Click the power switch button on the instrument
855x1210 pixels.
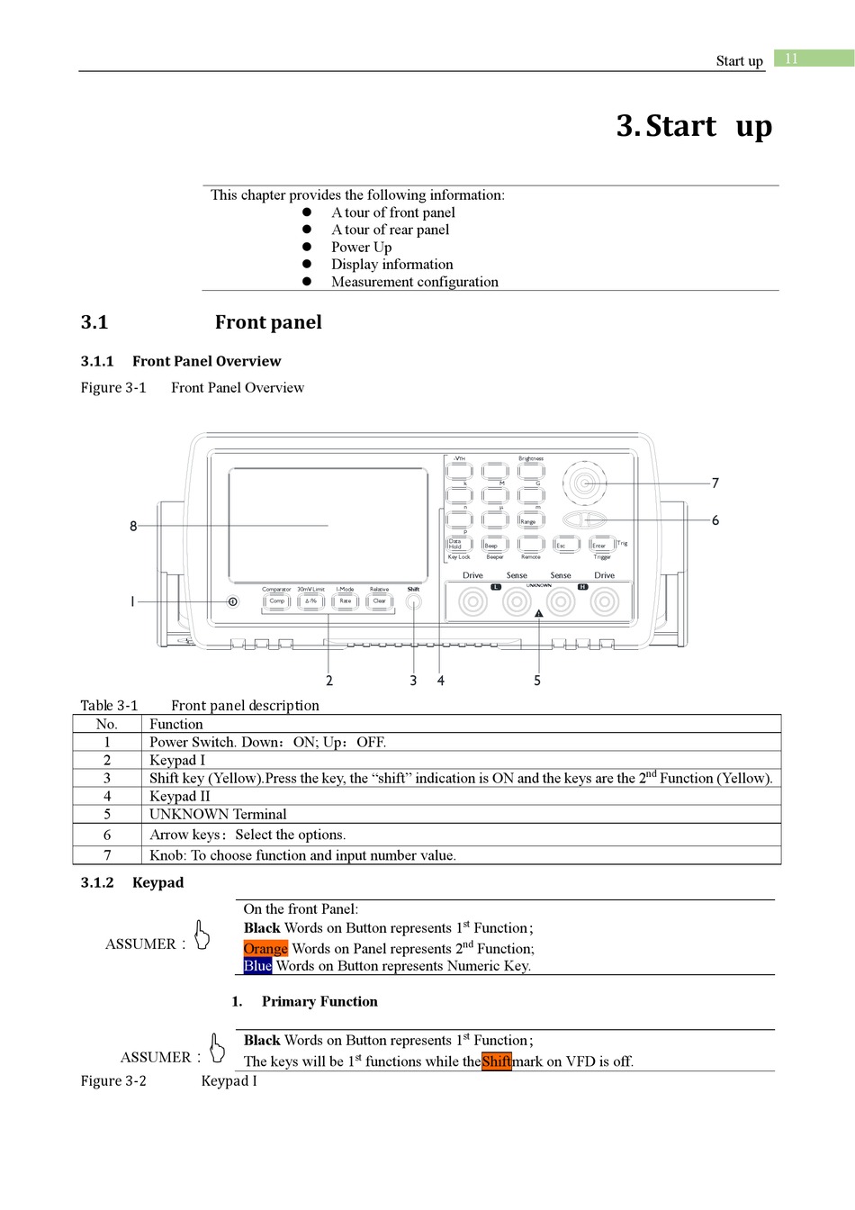click(x=233, y=601)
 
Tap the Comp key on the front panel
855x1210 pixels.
click(x=277, y=600)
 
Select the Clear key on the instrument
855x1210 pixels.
click(x=380, y=600)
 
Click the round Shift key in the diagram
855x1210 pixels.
click(x=413, y=601)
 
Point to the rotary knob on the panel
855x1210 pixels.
click(x=584, y=483)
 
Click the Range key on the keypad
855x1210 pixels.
click(x=530, y=520)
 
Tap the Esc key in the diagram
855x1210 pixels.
click(x=564, y=545)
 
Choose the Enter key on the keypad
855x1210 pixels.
click(x=601, y=545)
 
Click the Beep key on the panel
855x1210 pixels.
click(x=494, y=545)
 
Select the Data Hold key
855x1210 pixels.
click(x=459, y=544)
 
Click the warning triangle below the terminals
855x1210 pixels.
click(x=539, y=614)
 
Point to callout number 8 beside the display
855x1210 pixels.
click(x=133, y=526)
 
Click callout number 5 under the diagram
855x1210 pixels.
click(x=537, y=681)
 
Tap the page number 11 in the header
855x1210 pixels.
click(x=792, y=59)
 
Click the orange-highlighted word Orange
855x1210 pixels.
click(x=265, y=948)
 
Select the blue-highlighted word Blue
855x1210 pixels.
click(x=257, y=966)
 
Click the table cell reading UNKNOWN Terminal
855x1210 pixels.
click(x=218, y=815)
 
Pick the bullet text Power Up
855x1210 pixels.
click(x=361, y=247)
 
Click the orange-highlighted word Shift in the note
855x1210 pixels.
click(x=496, y=1061)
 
